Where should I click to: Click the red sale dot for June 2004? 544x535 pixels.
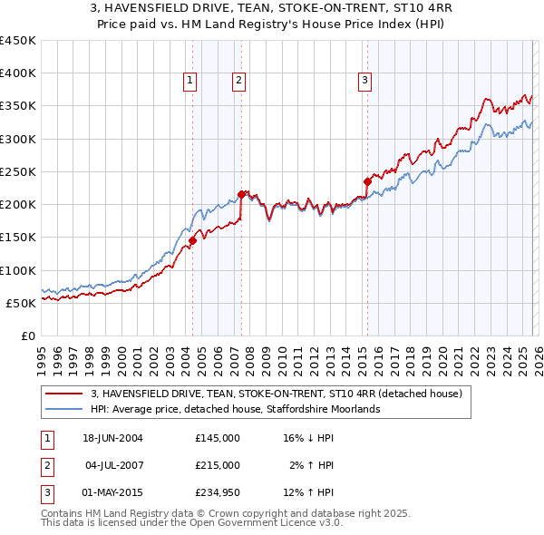(192, 240)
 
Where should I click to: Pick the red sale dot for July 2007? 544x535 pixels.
(241, 194)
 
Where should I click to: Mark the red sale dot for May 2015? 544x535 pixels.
(367, 181)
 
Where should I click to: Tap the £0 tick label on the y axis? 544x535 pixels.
(28, 336)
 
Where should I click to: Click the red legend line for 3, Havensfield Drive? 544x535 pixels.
(64, 394)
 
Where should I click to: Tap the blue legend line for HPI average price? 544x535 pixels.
(64, 410)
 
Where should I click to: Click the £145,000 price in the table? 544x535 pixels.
(217, 438)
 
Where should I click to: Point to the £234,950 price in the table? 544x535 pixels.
(217, 492)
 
